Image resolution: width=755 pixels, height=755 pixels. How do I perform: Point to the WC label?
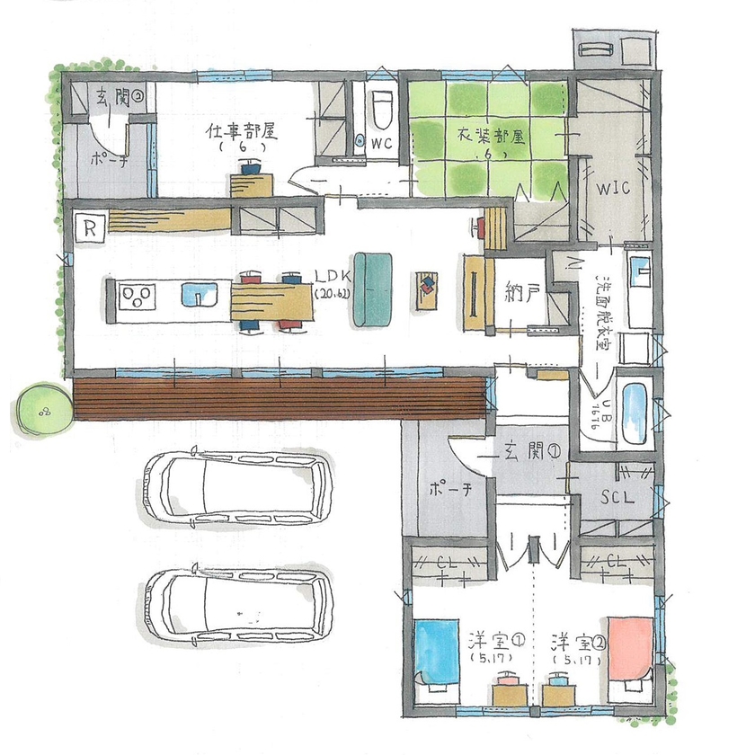tap(380, 144)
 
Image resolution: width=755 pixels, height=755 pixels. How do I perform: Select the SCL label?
tap(617, 495)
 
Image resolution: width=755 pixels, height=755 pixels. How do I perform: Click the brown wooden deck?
tap(279, 397)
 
